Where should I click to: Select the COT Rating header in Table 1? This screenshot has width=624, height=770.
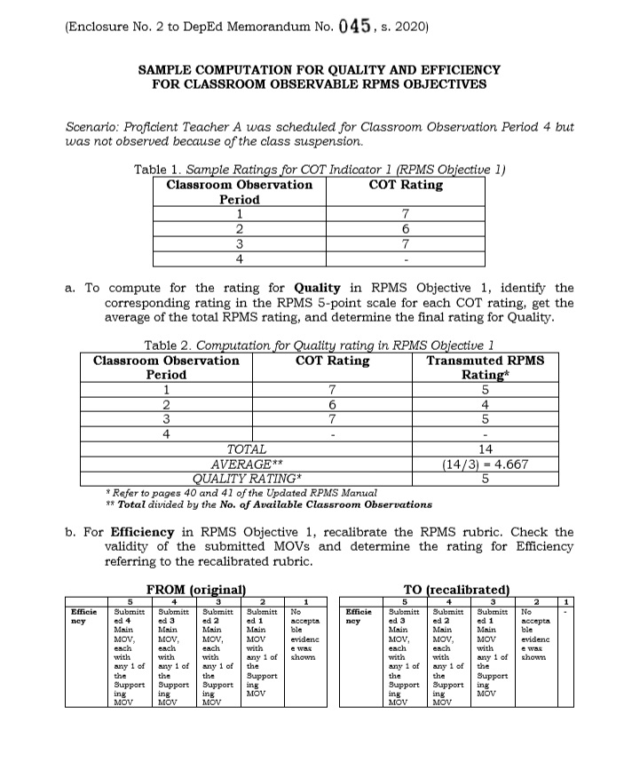[x=405, y=185]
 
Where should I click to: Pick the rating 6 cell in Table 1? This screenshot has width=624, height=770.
[x=405, y=228]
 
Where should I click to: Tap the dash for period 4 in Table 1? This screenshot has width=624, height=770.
[x=405, y=258]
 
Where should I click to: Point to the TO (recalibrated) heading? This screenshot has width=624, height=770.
[x=457, y=589]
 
